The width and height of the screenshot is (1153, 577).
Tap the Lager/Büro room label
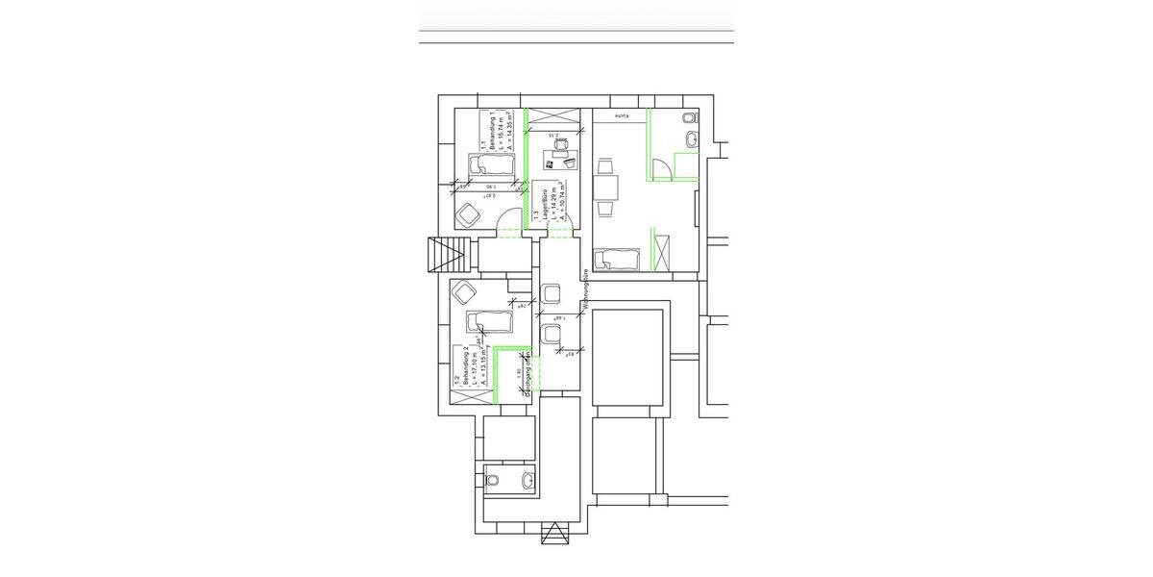pos(544,205)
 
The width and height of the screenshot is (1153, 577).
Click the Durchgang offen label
pos(527,376)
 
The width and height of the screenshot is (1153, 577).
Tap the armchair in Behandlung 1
pos(469,214)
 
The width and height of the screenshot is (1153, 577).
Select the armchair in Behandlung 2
pos(467,291)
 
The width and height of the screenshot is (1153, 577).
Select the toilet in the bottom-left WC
pos(492,478)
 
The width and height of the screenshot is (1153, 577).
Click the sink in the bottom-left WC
pos(527,478)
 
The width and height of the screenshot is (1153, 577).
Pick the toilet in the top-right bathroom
pos(688,118)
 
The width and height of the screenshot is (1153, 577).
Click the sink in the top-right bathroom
pos(691,141)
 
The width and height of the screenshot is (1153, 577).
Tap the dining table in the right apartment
pos(606,188)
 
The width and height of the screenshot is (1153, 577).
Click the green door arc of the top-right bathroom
pos(662,170)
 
